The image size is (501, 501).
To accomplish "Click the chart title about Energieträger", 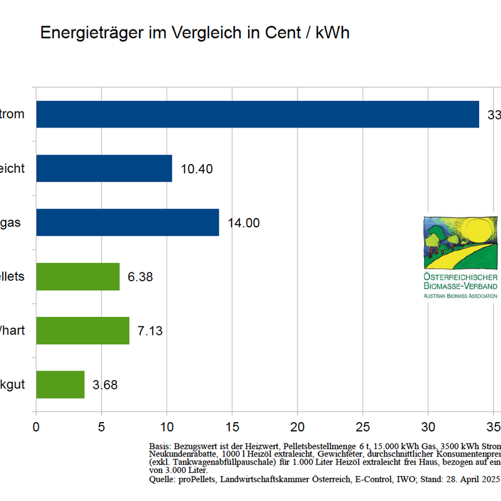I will pyautogui.click(x=195, y=33).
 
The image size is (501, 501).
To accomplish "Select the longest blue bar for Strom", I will pyautogui.click(x=257, y=115).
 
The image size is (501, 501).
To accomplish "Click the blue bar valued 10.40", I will pyautogui.click(x=104, y=168).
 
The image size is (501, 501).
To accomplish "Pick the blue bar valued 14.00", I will pyautogui.click(x=127, y=222).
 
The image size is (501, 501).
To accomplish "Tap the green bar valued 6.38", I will pyautogui.click(x=78, y=276).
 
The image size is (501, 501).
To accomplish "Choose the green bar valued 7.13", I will pyautogui.click(x=83, y=330).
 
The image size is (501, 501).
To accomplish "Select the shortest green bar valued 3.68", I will pyautogui.click(x=60, y=384).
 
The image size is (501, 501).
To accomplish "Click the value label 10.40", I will pyautogui.click(x=197, y=169).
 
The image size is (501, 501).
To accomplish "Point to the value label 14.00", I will pyautogui.click(x=244, y=223).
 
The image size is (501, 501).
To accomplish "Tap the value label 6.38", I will pyautogui.click(x=140, y=277).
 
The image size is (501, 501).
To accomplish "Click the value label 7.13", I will pyautogui.click(x=150, y=331).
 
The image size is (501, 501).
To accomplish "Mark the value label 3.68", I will pyautogui.click(x=105, y=385).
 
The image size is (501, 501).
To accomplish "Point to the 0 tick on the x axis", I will pyautogui.click(x=36, y=427).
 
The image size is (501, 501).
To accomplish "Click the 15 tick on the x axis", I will pyautogui.click(x=232, y=427).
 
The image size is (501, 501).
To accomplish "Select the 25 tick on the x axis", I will pyautogui.click(x=362, y=427).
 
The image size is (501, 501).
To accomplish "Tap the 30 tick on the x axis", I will pyautogui.click(x=428, y=427).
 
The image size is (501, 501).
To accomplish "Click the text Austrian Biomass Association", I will pyautogui.click(x=460, y=296).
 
